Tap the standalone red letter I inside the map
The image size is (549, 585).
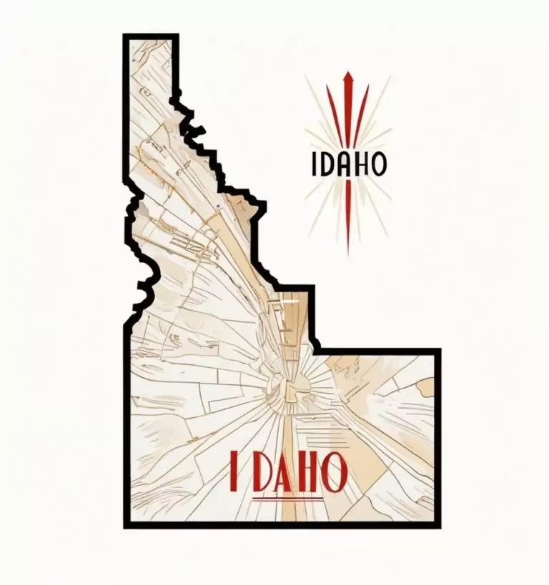point(235,471)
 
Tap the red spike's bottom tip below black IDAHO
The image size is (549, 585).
point(348,250)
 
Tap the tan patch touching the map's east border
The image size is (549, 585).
point(426,386)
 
